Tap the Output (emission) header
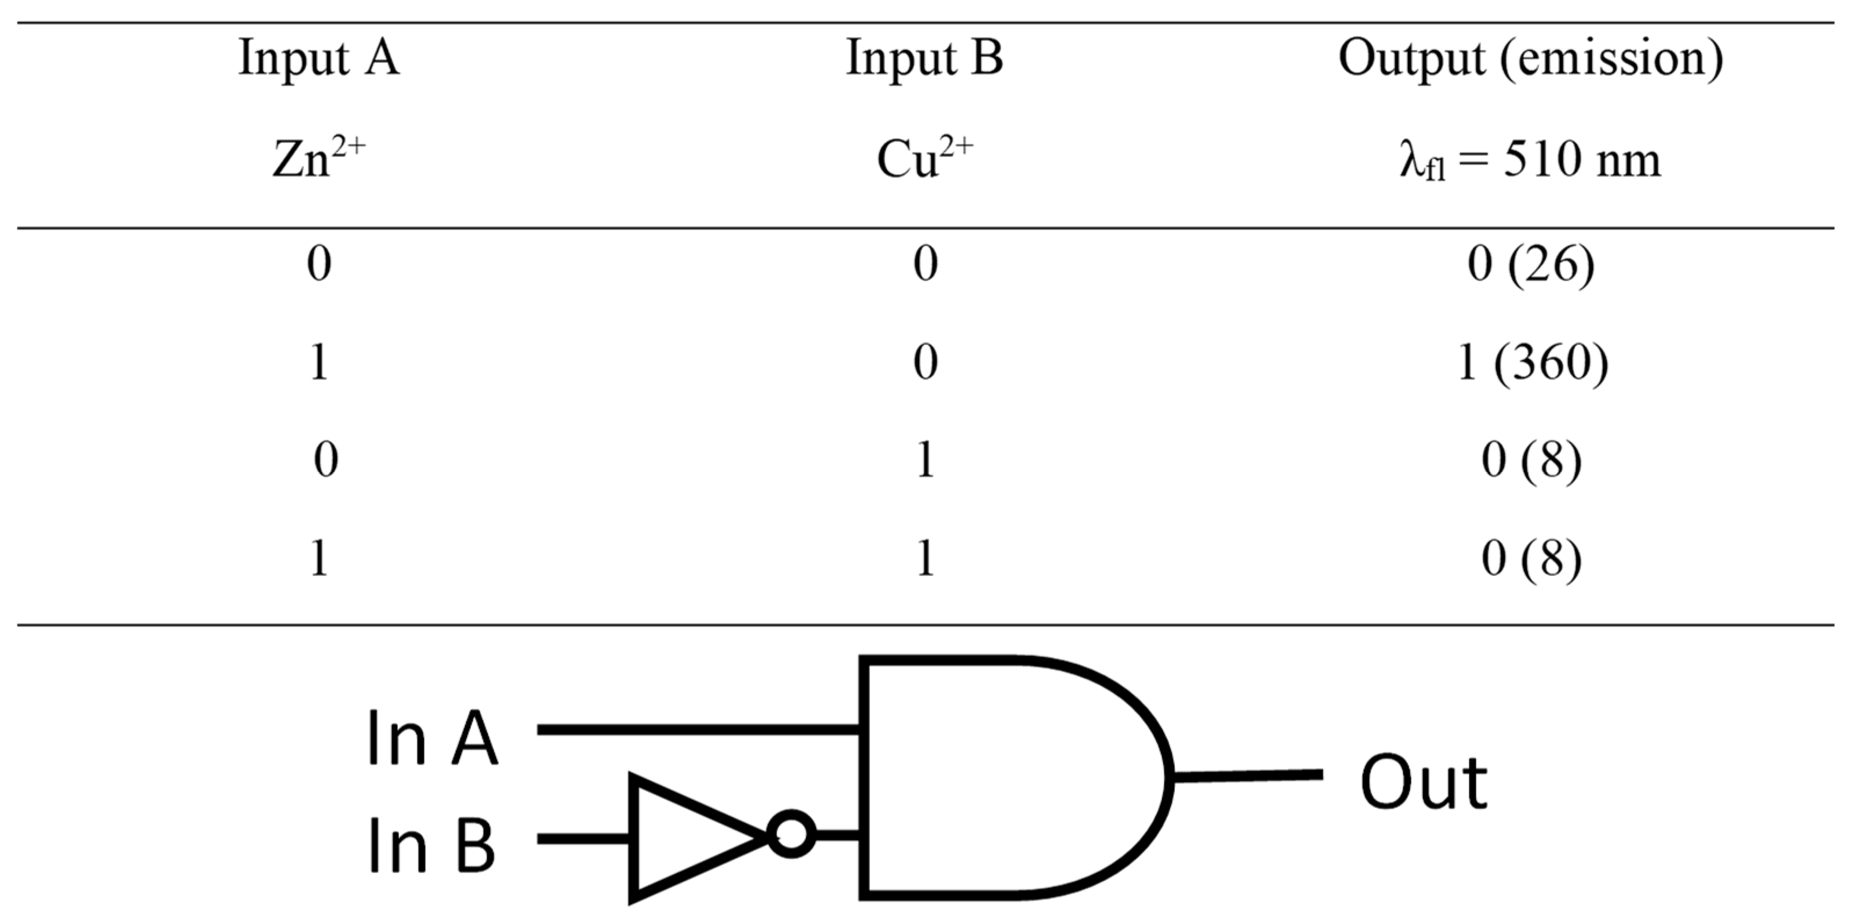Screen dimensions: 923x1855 click(1531, 59)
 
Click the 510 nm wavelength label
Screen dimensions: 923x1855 click(1531, 161)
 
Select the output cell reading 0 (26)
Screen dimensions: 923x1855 click(1531, 265)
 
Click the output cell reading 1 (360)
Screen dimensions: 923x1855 click(1531, 363)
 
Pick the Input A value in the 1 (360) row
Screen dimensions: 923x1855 click(319, 363)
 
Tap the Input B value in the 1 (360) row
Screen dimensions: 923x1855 click(925, 363)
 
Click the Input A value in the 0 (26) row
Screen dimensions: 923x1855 click(319, 265)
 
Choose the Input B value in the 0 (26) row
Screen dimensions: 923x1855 click(925, 265)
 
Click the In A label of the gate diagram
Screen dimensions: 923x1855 click(432, 738)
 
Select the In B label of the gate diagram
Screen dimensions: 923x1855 click(431, 845)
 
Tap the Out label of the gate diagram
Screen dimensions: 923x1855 click(1424, 783)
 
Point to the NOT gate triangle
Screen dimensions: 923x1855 click(684, 838)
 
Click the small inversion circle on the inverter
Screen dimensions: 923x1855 click(792, 835)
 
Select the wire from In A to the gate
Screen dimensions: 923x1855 click(699, 730)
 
